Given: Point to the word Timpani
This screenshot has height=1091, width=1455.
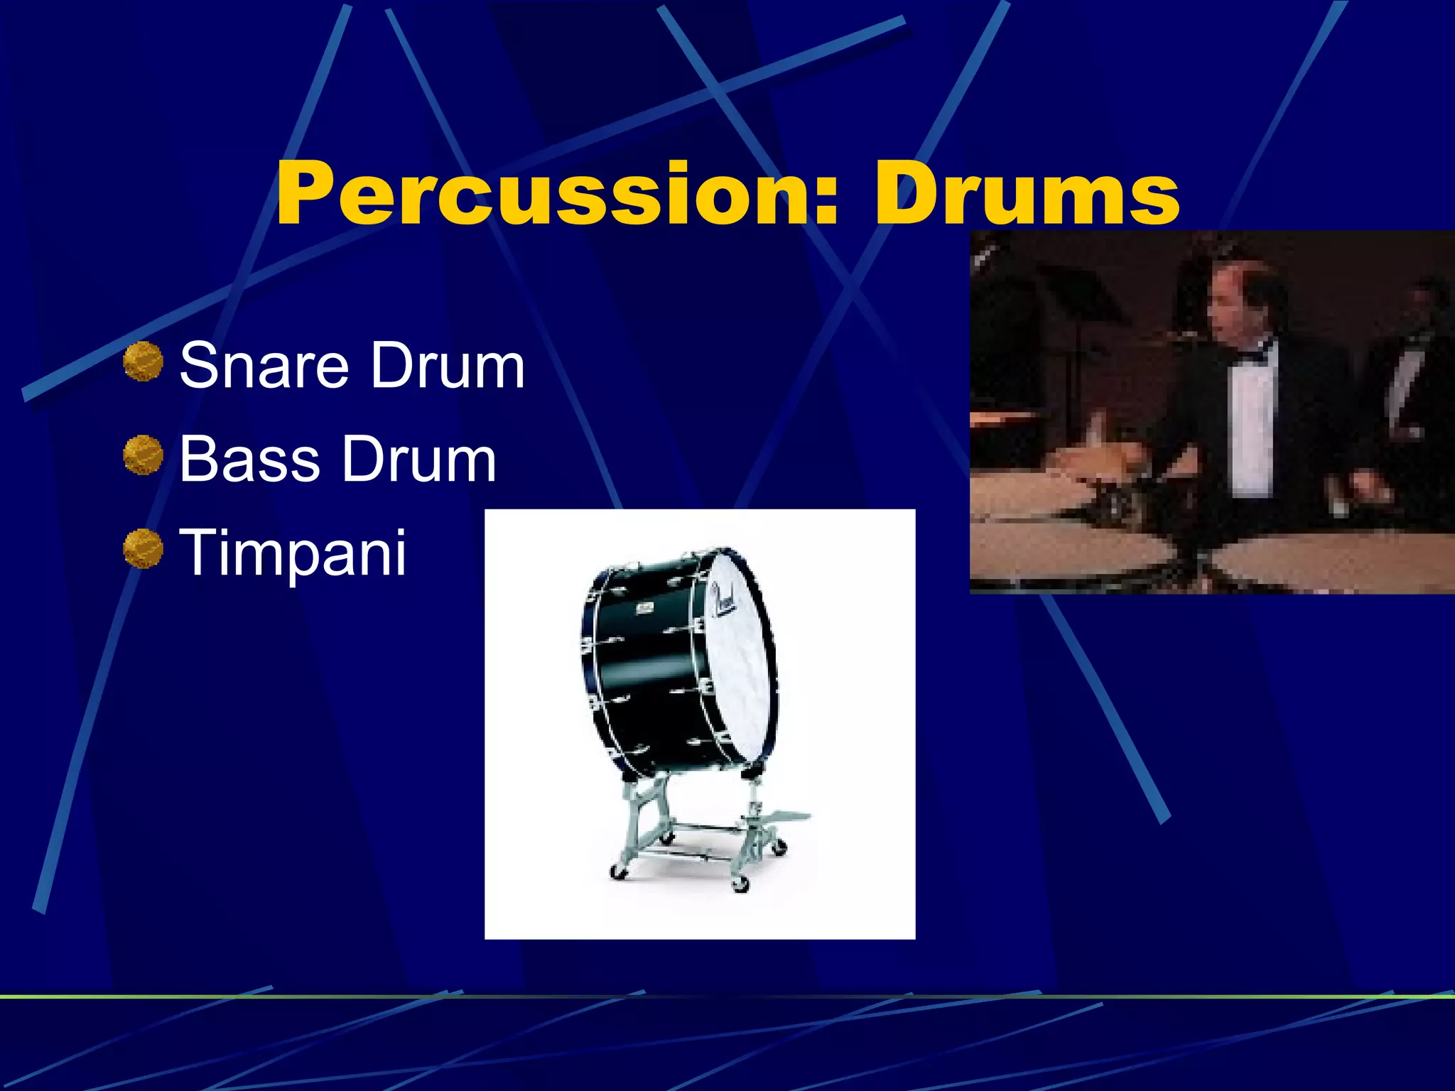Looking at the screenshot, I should (293, 553).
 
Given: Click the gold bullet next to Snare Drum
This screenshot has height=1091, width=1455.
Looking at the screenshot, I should (143, 362).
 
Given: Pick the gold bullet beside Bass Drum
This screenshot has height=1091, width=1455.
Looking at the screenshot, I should (143, 455).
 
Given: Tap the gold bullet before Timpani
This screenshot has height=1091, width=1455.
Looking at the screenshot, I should (143, 549).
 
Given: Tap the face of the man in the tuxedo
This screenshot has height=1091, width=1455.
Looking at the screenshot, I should (1233, 302).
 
